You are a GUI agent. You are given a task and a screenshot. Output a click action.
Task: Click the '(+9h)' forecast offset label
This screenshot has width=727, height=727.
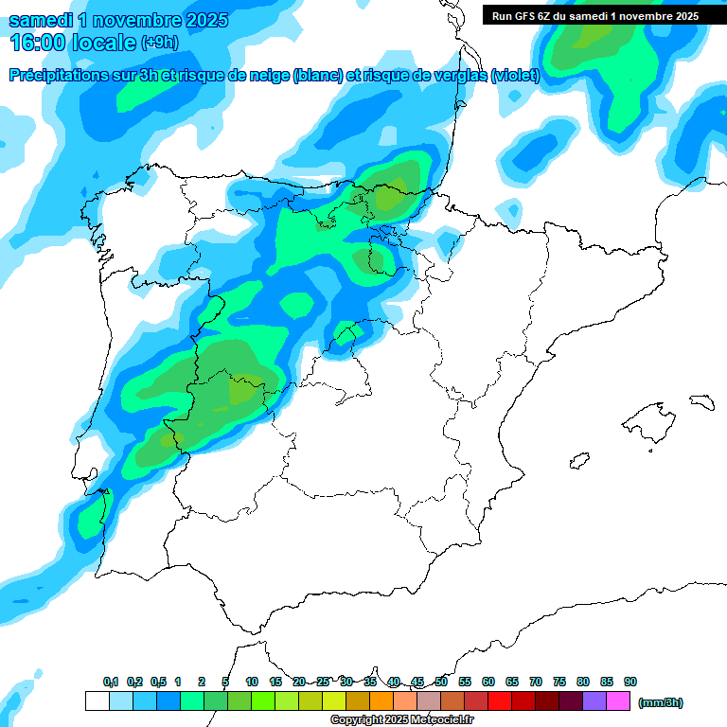pos(159,42)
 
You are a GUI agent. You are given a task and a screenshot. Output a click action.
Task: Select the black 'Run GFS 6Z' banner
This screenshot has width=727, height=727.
pos(595,15)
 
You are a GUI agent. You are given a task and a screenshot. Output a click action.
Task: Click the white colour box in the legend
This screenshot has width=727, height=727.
pos(97,701)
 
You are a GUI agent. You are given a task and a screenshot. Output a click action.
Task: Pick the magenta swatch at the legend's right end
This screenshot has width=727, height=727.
pos(618,701)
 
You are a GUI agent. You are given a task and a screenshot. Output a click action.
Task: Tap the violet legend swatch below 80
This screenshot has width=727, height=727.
pos(594,701)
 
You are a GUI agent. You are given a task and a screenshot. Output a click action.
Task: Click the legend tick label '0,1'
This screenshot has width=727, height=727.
pos(111,682)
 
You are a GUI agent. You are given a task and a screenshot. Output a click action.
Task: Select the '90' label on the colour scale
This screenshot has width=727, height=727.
pos(630,682)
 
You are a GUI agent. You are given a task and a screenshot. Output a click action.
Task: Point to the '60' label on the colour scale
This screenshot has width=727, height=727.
pos(488,682)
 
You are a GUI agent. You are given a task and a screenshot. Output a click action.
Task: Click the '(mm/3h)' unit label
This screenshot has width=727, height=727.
pos(661,702)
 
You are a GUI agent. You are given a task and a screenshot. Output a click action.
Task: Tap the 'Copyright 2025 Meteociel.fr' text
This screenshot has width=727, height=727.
pos(402,720)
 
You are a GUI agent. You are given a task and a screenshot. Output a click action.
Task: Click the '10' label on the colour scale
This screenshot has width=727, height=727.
pos(252,682)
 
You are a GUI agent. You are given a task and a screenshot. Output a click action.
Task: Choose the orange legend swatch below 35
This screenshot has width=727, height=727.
pos(381,701)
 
